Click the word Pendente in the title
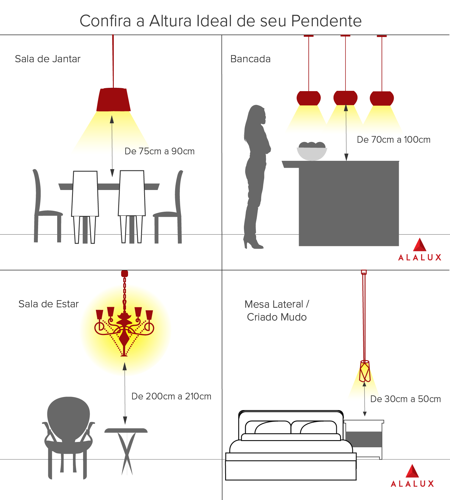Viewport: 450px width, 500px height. pos(326,21)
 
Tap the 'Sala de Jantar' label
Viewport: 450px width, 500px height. pos(48,59)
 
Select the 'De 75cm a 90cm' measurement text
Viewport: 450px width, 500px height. pos(160,151)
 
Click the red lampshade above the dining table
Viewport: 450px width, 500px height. pos(113,99)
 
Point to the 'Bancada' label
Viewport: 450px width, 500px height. pos(250,59)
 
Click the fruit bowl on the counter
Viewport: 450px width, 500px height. pos(312,151)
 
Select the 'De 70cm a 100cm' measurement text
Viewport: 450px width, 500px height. pos(394,140)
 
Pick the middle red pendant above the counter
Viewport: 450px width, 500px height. pos(345,98)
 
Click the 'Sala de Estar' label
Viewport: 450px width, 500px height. pos(49,304)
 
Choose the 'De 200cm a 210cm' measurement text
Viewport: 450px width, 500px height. pos(172,396)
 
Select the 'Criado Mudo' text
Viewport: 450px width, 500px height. pos(277,317)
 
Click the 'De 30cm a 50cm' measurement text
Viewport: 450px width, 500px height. pos(406,399)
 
